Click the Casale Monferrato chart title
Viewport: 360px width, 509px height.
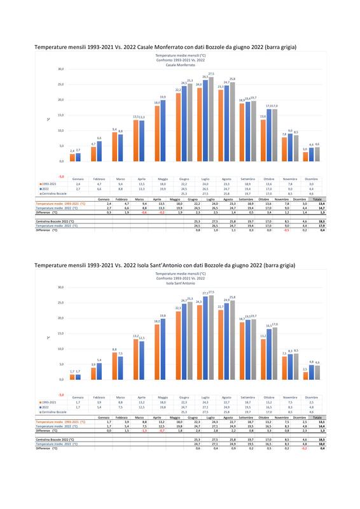[181, 60]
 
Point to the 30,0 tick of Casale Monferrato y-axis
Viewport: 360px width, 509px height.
[60, 69]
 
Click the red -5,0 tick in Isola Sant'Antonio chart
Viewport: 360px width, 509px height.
[60, 394]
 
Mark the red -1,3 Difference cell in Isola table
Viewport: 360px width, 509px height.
[144, 430]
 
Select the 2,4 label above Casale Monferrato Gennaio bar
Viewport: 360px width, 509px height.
[72, 150]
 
